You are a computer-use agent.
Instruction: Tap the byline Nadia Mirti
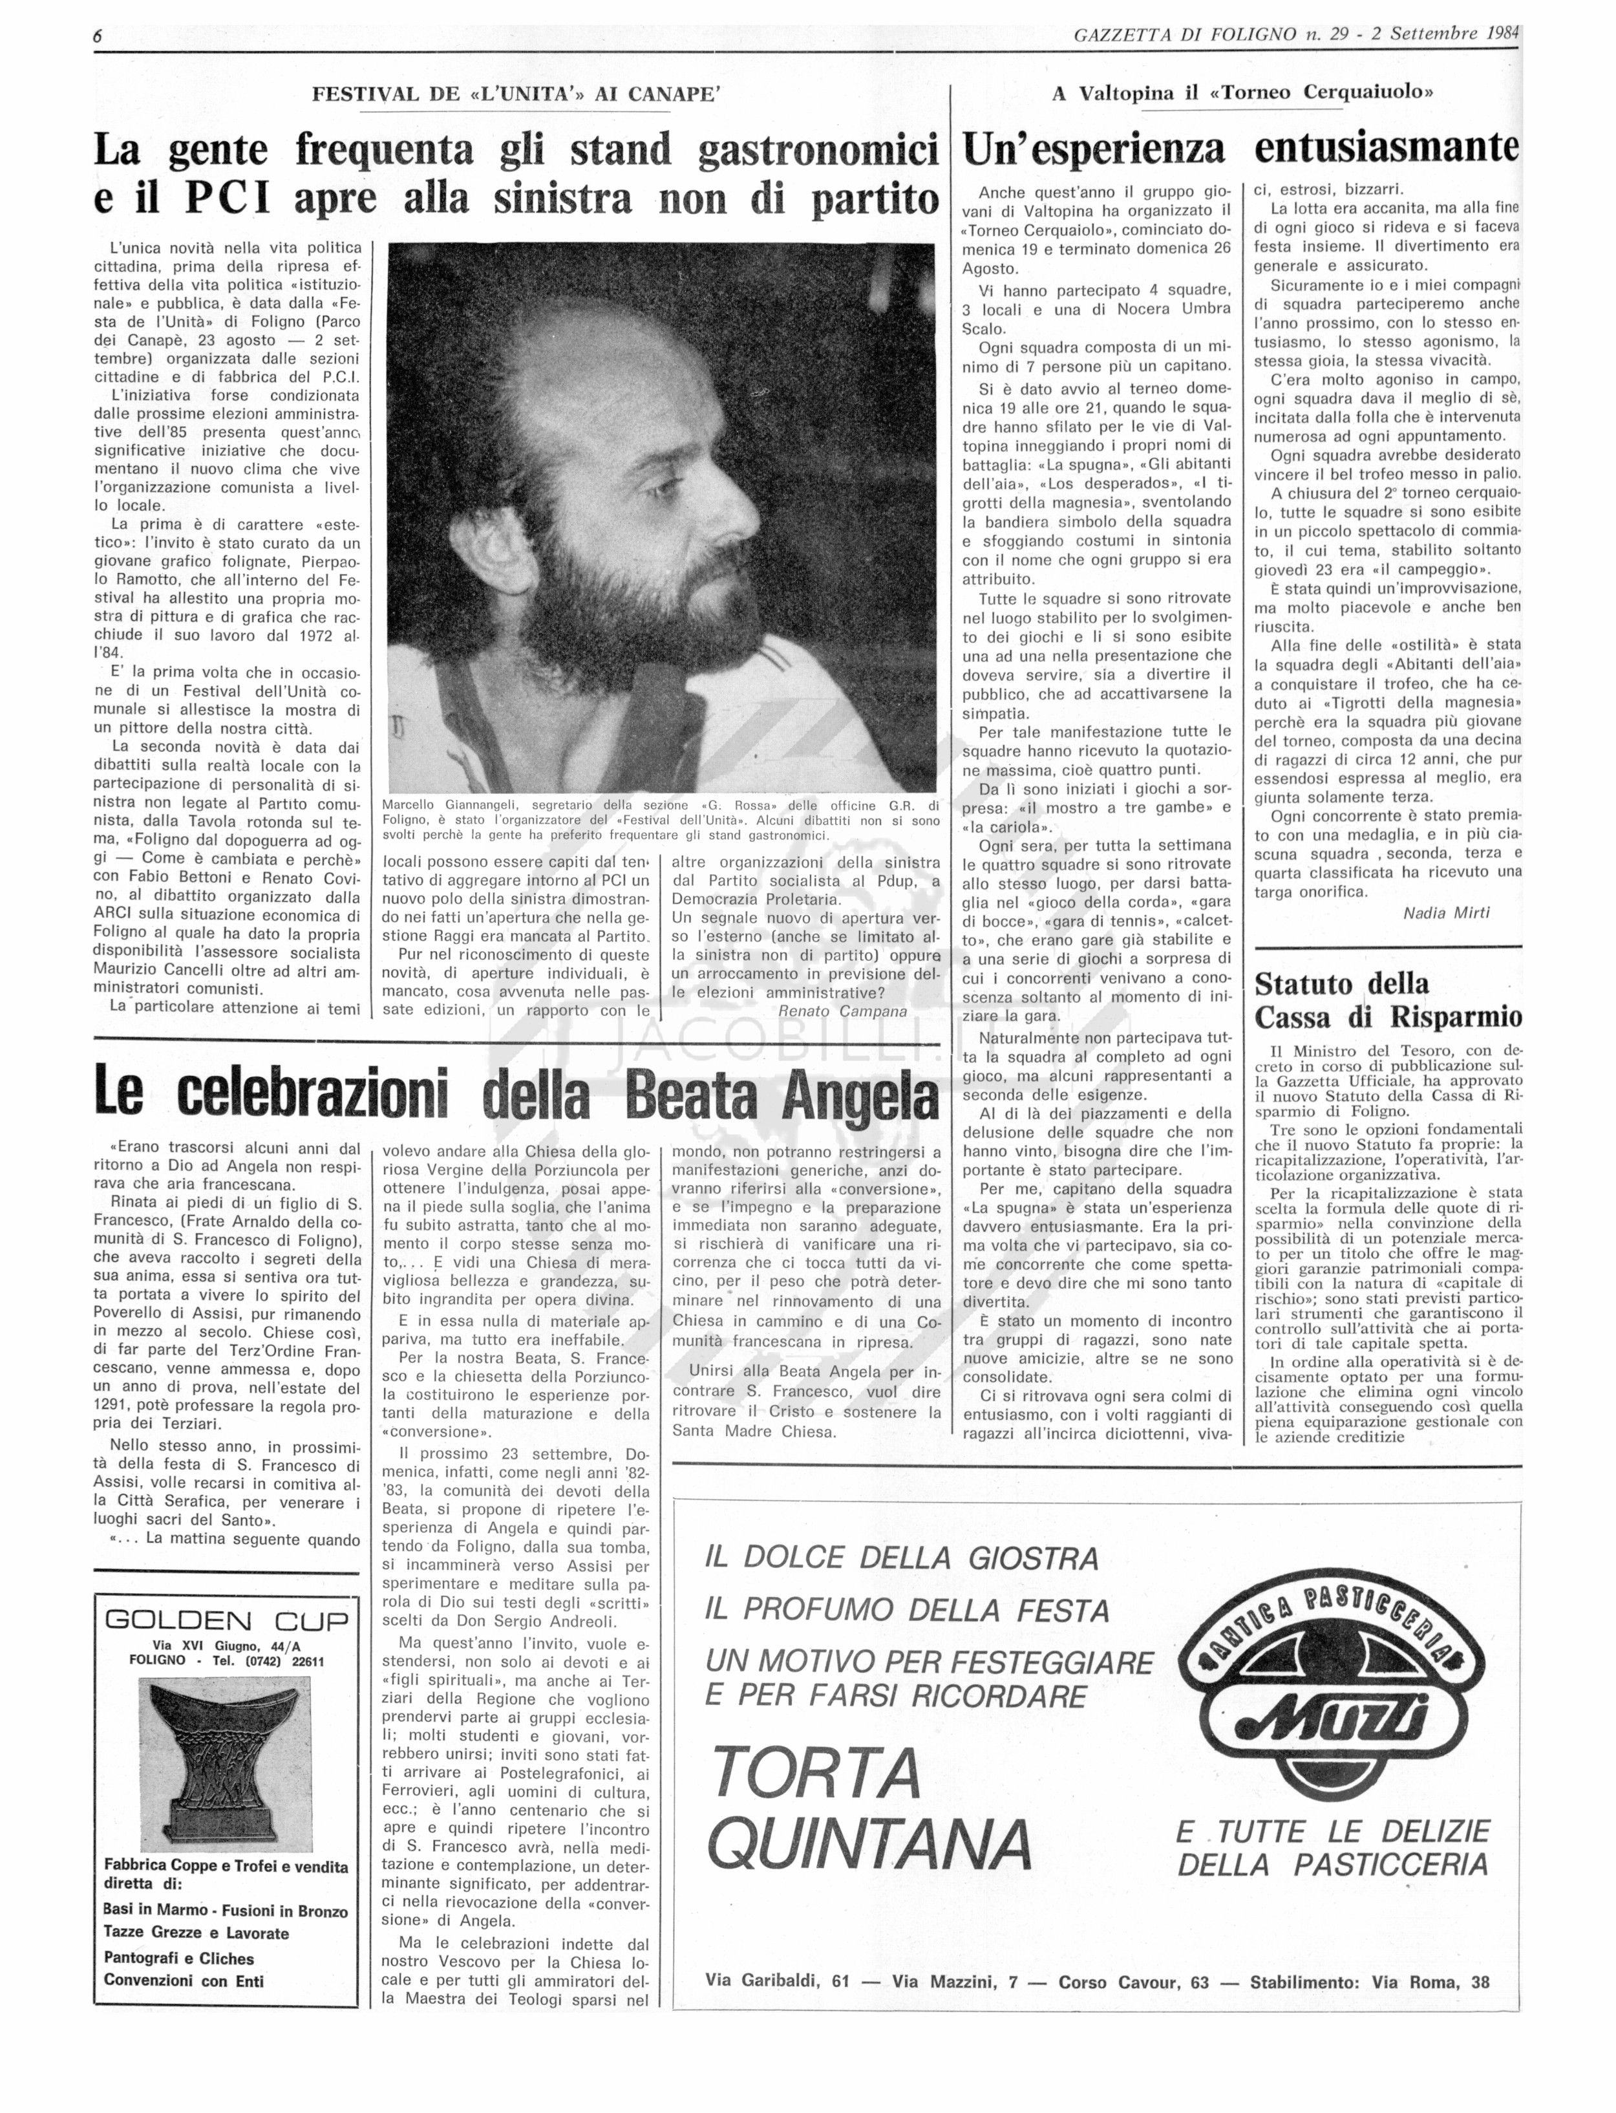tap(1446, 912)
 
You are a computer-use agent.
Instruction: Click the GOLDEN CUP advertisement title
tap(226, 1620)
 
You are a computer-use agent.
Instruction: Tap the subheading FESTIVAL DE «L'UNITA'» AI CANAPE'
tap(516, 94)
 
